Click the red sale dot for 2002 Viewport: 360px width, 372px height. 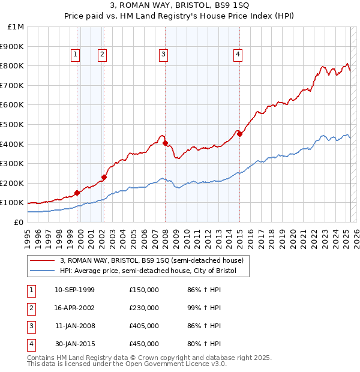[x=104, y=177]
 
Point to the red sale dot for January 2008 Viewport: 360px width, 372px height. [x=165, y=143]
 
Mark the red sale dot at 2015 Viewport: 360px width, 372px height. [x=239, y=134]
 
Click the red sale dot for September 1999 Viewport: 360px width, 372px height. [x=77, y=193]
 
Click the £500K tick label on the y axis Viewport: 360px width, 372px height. [x=13, y=124]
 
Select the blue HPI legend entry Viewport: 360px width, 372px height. [x=148, y=271]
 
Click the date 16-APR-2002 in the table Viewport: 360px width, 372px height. [x=74, y=308]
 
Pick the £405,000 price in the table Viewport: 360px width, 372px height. [x=143, y=326]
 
